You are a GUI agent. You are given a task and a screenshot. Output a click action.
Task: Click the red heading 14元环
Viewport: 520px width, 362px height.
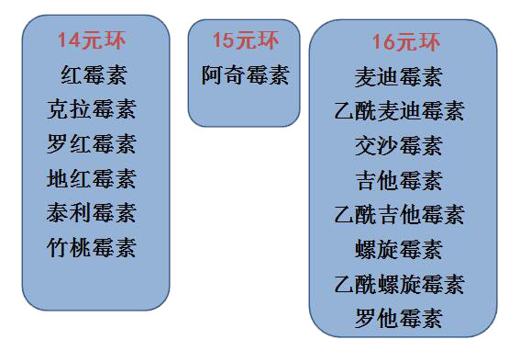click(x=91, y=40)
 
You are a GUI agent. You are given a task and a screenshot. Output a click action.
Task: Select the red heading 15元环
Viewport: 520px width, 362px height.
click(x=245, y=40)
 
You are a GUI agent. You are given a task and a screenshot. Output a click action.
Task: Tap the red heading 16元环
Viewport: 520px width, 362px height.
click(x=406, y=42)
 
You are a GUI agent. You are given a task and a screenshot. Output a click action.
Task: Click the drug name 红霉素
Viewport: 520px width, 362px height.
click(x=91, y=74)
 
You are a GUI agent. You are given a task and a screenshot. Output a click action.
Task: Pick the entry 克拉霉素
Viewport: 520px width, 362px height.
click(x=91, y=109)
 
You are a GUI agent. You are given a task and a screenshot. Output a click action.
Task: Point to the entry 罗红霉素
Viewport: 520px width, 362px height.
click(x=91, y=144)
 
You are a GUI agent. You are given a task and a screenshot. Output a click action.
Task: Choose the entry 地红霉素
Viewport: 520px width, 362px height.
click(x=91, y=178)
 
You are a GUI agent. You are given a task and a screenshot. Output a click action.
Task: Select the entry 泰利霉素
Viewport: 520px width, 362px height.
click(x=91, y=213)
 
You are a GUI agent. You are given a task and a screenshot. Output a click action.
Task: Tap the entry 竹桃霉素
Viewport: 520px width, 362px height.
click(x=91, y=247)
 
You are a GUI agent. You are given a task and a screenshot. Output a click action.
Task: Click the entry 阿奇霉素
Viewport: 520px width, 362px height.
click(x=245, y=75)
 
